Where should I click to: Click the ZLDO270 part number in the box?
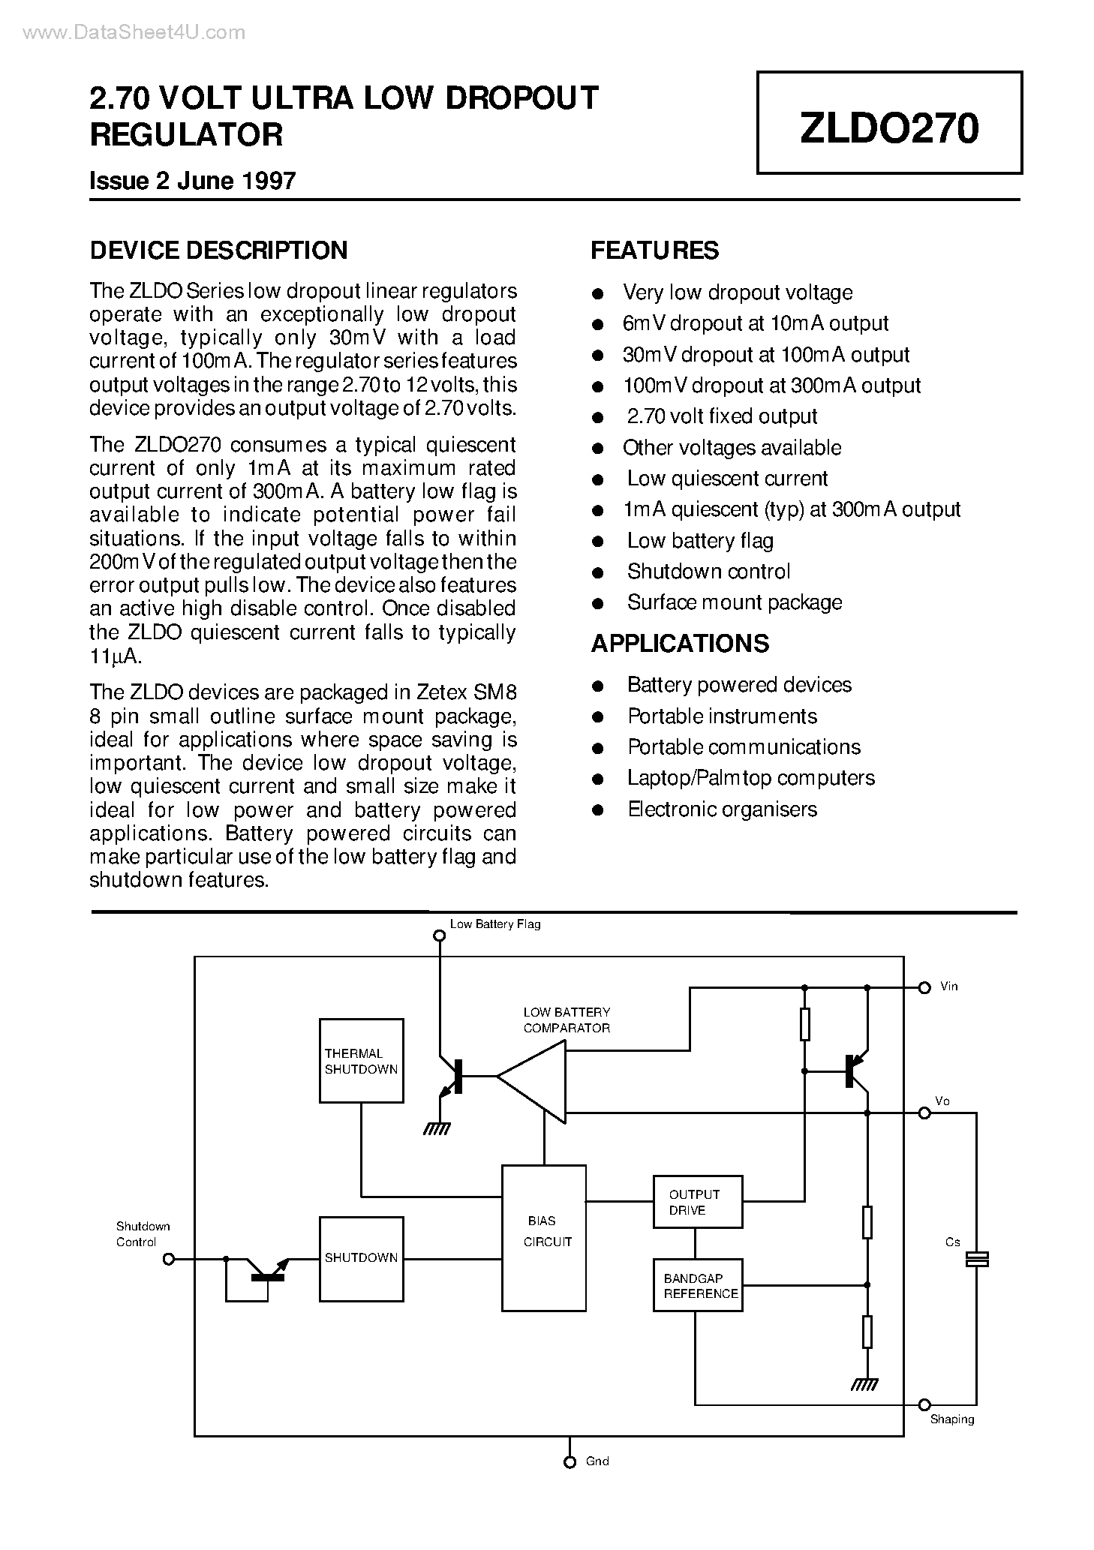[888, 128]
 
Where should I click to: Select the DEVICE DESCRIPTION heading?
[218, 251]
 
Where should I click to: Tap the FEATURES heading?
[654, 251]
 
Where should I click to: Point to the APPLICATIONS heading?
[680, 644]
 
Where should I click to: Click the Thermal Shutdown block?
[361, 1061]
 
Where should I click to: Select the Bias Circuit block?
[543, 1238]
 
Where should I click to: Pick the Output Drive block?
[697, 1202]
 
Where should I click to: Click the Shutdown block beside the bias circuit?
[361, 1258]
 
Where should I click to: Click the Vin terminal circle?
[924, 988]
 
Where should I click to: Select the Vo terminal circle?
[924, 1114]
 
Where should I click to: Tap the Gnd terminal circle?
[570, 1462]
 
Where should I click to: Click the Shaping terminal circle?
[924, 1404]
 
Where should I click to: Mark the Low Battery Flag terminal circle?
[440, 936]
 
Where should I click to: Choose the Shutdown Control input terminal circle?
[169, 1259]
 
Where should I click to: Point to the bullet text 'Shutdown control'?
[708, 572]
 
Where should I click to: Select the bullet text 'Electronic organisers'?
[722, 810]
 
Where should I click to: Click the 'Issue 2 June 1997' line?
[193, 181]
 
